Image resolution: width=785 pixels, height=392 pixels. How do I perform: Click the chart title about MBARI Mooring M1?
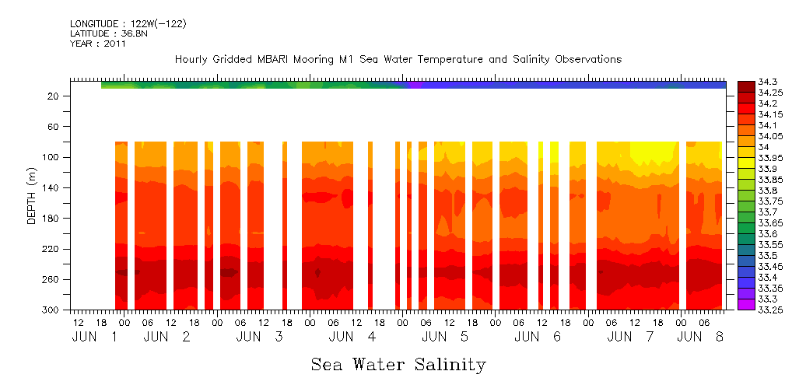(x=398, y=59)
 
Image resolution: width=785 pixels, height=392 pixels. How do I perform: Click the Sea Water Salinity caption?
(x=398, y=365)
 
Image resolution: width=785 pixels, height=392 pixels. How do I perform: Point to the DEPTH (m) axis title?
(x=32, y=194)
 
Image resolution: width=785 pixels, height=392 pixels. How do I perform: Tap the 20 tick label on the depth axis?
(x=54, y=96)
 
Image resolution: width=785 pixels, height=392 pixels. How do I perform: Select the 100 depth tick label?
(x=52, y=157)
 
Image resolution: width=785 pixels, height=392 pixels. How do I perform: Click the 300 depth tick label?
(x=52, y=310)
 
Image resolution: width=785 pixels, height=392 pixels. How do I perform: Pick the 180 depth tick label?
(x=52, y=219)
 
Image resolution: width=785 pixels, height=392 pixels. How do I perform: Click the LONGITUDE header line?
(x=128, y=23)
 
